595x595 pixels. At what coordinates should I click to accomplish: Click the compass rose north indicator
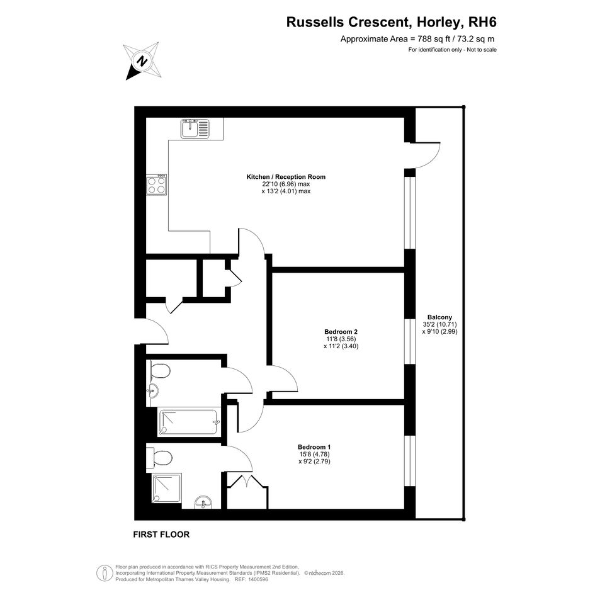point(143,60)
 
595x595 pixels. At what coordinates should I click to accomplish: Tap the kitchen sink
point(195,128)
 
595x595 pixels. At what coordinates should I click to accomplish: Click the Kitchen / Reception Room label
point(286,177)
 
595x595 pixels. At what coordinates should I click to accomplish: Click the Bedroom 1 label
point(314,447)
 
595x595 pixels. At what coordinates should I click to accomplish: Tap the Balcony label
point(440,317)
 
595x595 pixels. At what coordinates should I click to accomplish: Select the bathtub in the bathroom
point(189,422)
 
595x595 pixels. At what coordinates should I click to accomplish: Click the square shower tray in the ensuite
point(167,489)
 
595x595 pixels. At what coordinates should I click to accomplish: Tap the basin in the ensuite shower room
point(204,502)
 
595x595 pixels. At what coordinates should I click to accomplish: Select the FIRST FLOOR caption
point(161,535)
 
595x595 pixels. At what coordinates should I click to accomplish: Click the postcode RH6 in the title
point(483,22)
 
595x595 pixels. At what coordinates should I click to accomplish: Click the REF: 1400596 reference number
point(251,580)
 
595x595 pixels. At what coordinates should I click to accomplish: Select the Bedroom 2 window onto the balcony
point(410,342)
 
